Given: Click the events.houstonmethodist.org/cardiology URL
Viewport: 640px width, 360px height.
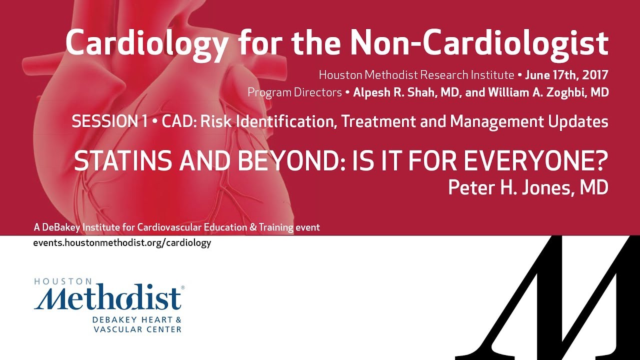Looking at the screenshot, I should point(122,243).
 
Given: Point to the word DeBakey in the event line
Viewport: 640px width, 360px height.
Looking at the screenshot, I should point(61,227).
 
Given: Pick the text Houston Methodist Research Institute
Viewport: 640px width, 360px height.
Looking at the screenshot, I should point(416,75).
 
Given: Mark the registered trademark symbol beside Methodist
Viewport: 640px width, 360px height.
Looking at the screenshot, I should point(182,288).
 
